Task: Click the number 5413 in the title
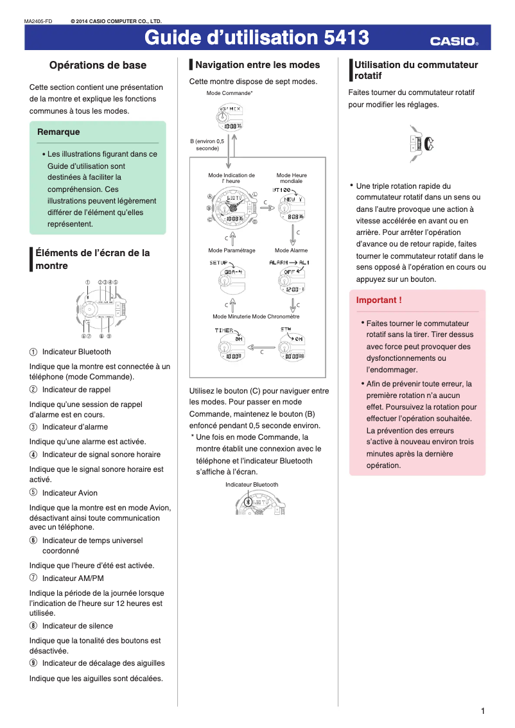pyautogui.click(x=346, y=39)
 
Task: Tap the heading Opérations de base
pyautogui.click(x=98, y=65)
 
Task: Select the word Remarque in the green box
pyautogui.click(x=58, y=132)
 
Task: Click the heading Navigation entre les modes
pyautogui.click(x=257, y=65)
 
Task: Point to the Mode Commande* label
pyautogui.click(x=229, y=94)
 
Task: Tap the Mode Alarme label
pyautogui.click(x=291, y=250)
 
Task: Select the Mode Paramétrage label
pyautogui.click(x=231, y=250)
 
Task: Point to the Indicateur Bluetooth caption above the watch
pyautogui.click(x=252, y=485)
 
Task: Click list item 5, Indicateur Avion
pyautogui.click(x=69, y=494)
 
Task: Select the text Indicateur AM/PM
pyautogui.click(x=73, y=578)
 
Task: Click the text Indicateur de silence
pyautogui.click(x=77, y=626)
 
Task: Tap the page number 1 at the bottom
pyautogui.click(x=482, y=711)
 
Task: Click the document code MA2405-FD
pyautogui.click(x=38, y=21)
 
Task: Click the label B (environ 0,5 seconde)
pyautogui.click(x=207, y=144)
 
